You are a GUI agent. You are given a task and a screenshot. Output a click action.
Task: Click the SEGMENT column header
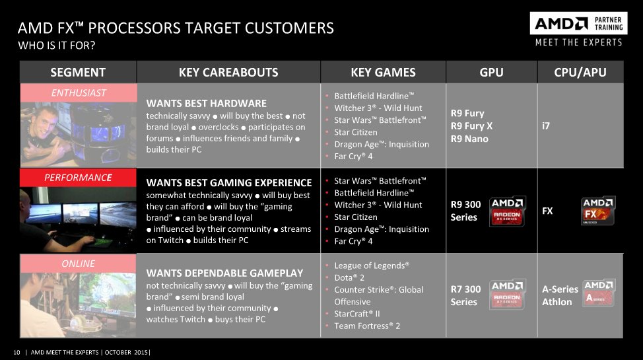click(78, 72)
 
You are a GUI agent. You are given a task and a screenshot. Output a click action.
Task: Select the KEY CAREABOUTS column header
click(228, 72)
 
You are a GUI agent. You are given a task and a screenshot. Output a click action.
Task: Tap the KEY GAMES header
click(383, 72)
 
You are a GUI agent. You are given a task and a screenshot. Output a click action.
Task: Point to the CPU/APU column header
click(580, 72)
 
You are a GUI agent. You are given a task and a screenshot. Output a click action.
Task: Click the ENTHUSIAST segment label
click(79, 92)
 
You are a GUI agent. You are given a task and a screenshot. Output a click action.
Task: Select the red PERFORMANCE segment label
click(78, 177)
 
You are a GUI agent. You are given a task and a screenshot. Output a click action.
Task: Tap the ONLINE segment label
click(78, 264)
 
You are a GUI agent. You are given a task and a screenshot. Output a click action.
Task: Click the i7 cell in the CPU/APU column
click(546, 126)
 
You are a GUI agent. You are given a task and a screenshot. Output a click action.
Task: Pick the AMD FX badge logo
click(598, 211)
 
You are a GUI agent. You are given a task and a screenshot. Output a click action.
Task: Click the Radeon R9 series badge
click(507, 211)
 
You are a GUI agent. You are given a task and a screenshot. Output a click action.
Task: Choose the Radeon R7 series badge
click(507, 295)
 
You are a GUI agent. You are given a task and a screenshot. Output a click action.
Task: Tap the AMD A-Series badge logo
click(599, 293)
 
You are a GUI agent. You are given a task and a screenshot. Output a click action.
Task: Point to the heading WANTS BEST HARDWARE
click(206, 104)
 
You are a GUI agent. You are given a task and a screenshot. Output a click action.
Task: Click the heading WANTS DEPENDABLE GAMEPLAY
click(224, 273)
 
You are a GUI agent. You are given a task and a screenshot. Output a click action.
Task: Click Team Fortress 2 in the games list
click(367, 326)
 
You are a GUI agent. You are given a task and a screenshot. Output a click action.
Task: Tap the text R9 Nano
click(469, 139)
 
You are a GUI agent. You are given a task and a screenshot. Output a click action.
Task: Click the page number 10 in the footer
click(17, 352)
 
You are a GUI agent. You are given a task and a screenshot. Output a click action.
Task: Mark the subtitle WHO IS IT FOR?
click(57, 45)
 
